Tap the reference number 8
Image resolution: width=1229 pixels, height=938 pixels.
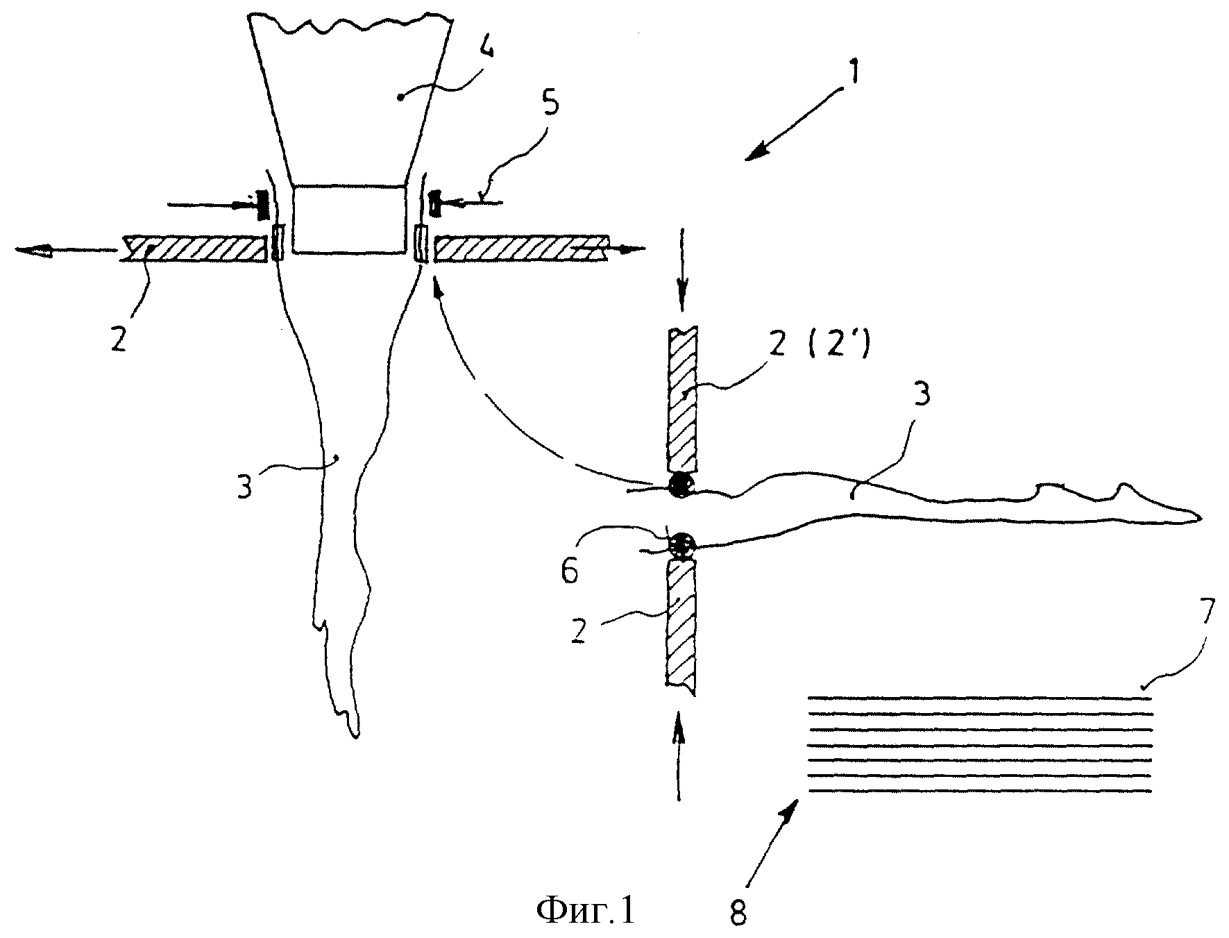coord(738,914)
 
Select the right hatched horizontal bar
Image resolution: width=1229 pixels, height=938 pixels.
coord(520,249)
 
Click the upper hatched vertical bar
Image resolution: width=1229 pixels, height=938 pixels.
coord(682,399)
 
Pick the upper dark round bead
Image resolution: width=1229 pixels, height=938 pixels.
coord(681,485)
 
